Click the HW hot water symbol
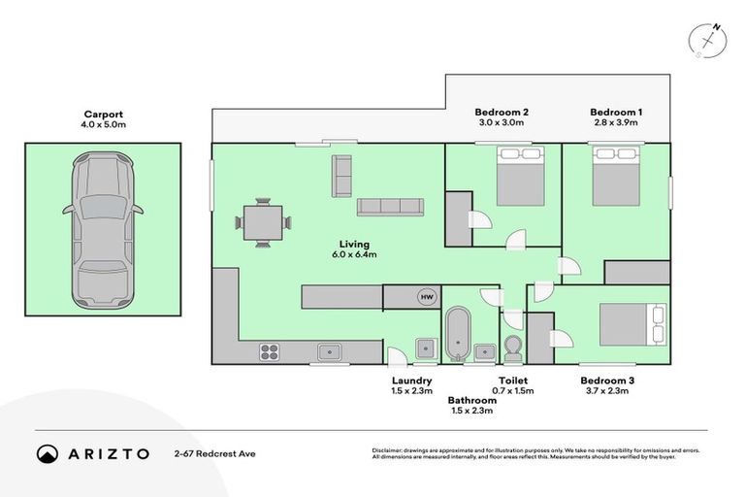click(427, 297)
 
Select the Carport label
click(103, 115)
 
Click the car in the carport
click(103, 231)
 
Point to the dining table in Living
click(263, 222)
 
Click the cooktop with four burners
click(269, 352)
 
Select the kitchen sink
click(329, 352)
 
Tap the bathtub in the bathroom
click(458, 334)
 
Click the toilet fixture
click(512, 348)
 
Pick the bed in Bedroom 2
click(521, 176)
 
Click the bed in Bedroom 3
click(632, 325)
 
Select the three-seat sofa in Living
click(390, 207)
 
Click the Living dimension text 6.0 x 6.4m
click(354, 254)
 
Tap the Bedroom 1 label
click(616, 113)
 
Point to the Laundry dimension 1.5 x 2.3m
click(412, 391)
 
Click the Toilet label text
click(513, 381)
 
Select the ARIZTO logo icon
click(48, 454)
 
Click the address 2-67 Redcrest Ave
click(214, 454)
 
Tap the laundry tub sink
click(426, 348)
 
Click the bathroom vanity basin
click(485, 352)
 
